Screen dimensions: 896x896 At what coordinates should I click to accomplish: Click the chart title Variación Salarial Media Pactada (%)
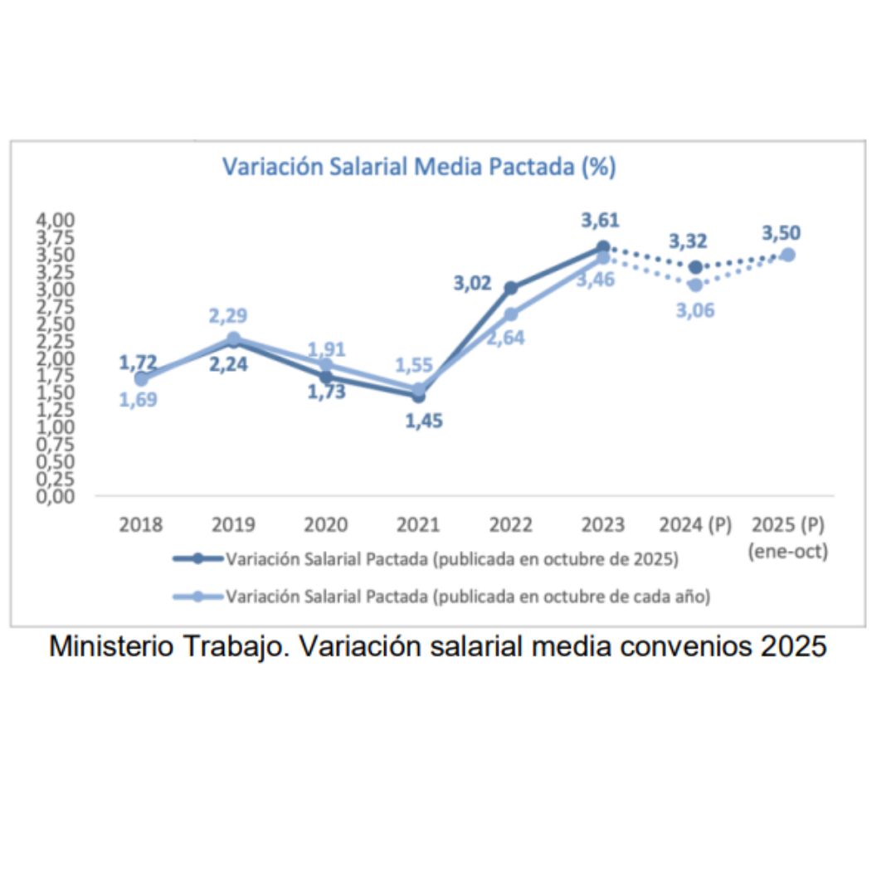coord(419,167)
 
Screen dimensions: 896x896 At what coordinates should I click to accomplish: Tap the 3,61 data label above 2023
coord(600,221)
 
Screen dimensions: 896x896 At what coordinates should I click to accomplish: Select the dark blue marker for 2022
coord(511,288)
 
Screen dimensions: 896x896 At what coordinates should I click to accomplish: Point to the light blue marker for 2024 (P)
coord(695,285)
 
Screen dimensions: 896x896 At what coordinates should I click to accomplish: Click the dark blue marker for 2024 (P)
coord(695,266)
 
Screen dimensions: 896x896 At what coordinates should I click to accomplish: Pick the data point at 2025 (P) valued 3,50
coord(788,255)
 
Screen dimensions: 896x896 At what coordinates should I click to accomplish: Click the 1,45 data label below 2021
coord(424,421)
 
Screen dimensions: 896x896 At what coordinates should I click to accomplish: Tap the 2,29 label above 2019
coord(227,316)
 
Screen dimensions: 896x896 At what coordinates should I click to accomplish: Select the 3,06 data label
coord(695,310)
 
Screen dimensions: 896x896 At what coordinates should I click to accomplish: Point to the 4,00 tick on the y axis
coord(55,220)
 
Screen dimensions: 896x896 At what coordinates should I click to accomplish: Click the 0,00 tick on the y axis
coord(55,496)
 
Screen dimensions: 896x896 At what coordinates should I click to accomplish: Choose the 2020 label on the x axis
coord(325,525)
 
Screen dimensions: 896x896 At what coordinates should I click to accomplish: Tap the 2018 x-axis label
coord(141,525)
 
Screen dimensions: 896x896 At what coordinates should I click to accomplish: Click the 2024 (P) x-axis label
coord(695,525)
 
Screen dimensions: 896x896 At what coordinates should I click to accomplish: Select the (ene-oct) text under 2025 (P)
coord(788,551)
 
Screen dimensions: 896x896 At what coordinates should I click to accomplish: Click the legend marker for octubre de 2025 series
coord(197,558)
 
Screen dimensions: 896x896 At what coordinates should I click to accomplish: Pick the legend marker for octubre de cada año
coord(197,596)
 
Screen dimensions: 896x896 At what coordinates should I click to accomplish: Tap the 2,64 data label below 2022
coord(504,338)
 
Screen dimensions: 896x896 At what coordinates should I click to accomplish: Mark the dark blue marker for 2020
coord(325,377)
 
